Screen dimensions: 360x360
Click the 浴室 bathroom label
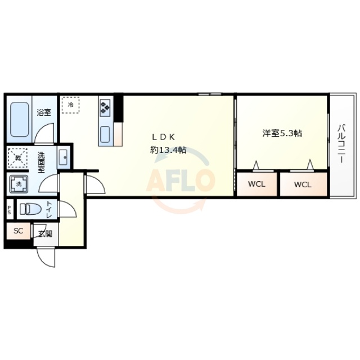(x=44, y=112)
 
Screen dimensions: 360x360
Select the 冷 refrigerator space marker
(x=71, y=105)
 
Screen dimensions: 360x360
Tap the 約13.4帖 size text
(x=168, y=150)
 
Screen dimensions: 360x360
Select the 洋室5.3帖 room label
(x=282, y=133)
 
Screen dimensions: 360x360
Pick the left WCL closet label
(x=256, y=184)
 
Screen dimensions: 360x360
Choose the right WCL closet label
(x=302, y=184)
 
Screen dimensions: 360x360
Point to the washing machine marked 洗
(x=18, y=184)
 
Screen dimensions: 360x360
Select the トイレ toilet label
(x=49, y=209)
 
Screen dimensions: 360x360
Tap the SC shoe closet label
(x=18, y=231)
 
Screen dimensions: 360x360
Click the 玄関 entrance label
(x=45, y=233)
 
